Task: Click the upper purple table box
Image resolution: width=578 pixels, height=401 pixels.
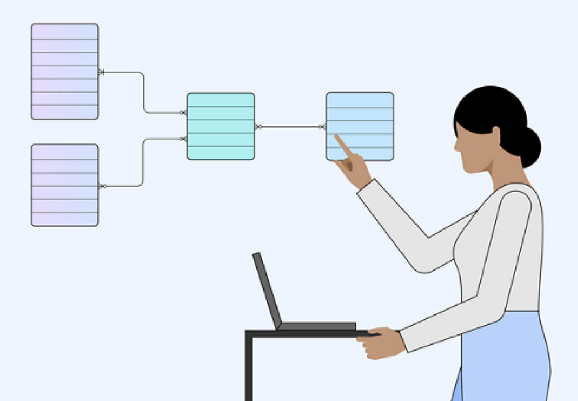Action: pos(65,71)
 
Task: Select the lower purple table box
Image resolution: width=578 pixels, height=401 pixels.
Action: pos(65,185)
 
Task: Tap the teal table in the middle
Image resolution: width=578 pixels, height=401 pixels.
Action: pos(220,126)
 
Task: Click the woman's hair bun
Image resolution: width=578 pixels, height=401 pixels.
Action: pos(530,147)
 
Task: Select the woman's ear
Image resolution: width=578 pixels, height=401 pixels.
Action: pos(496,135)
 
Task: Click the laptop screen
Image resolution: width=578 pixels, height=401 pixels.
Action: pos(266,290)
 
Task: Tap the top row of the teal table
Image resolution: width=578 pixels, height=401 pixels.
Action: pos(220,99)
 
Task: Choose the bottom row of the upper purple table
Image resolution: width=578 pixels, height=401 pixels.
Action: pos(65,112)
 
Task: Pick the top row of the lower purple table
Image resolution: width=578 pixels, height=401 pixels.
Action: pos(65,152)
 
